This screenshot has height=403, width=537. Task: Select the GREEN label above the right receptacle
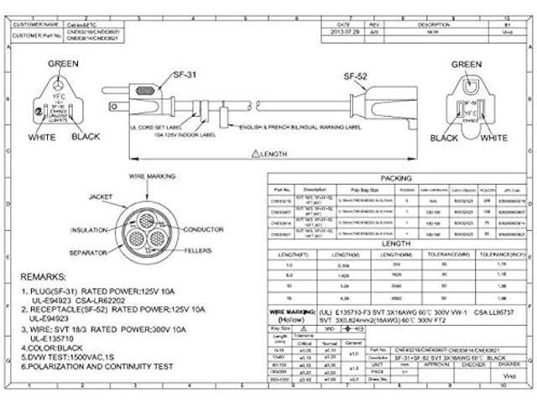click(x=467, y=65)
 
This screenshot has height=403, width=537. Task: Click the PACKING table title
click(x=396, y=178)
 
